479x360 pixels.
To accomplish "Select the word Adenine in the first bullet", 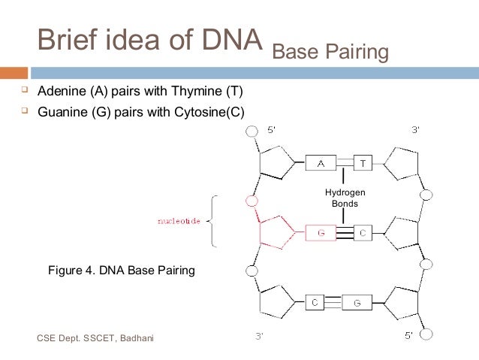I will click(62, 92).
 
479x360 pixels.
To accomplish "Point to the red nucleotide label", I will click(179, 222).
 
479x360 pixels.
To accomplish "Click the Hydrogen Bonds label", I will click(345, 198).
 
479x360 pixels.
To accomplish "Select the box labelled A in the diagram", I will click(321, 162).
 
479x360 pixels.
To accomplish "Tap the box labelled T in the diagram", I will click(363, 162).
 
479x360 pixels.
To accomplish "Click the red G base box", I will click(321, 233).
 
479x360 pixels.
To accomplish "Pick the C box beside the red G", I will click(362, 233).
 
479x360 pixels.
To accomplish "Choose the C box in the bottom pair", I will click(315, 302).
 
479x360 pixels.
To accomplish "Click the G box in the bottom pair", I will click(357, 302).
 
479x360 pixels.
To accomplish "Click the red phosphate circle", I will click(252, 201).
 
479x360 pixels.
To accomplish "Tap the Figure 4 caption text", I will click(121, 270).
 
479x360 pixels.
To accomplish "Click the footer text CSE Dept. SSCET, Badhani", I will click(95, 338).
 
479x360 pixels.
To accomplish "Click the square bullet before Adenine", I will click(24, 91).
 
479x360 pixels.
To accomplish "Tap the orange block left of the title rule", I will click(14, 73).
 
